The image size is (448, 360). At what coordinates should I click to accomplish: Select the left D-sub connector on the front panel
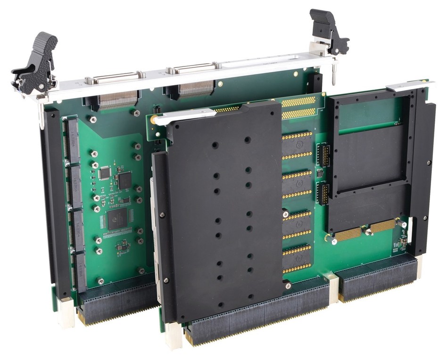tap(113, 76)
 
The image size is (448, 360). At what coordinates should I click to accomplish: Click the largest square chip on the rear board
tap(115, 219)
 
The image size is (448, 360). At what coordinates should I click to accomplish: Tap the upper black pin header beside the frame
tap(324, 155)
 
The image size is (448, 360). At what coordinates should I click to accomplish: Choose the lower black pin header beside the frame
tap(324, 194)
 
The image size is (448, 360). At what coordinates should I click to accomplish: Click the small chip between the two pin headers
tap(320, 174)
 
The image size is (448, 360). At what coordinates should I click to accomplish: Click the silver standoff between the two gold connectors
tap(367, 231)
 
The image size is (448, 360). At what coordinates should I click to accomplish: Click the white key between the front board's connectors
tap(332, 287)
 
